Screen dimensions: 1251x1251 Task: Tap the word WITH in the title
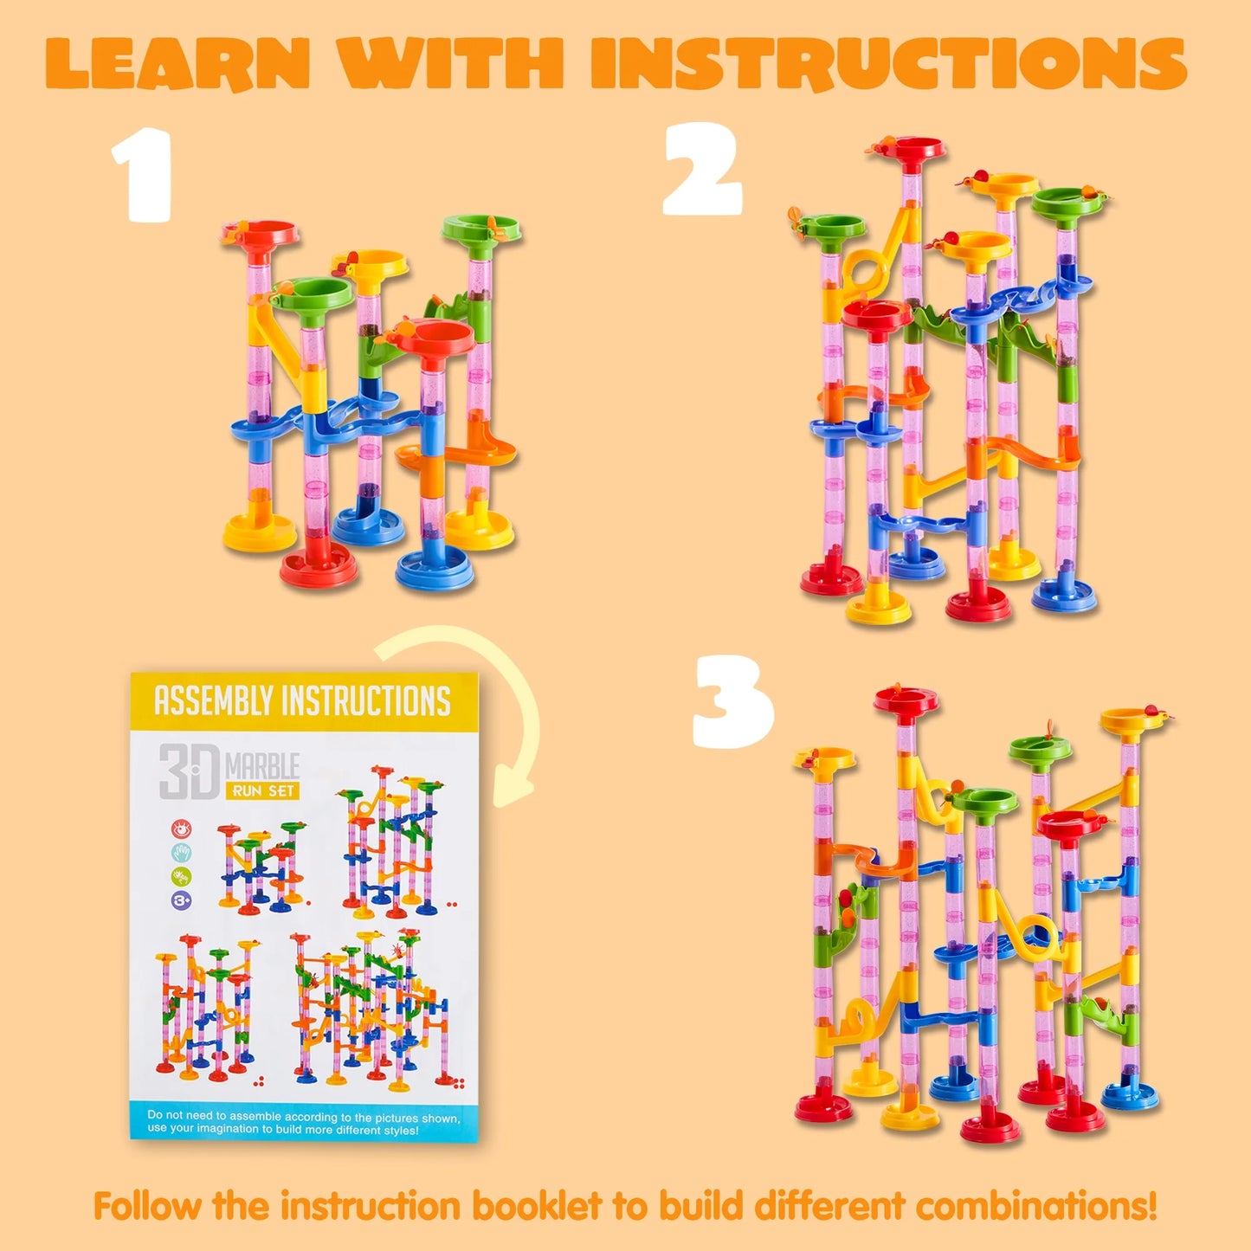coord(450,63)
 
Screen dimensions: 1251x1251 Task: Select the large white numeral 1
coord(143,174)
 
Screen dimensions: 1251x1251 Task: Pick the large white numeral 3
coord(733,701)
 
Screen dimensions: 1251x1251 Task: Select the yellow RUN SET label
coord(261,790)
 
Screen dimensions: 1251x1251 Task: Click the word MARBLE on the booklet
coord(261,767)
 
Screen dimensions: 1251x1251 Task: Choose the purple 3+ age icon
coord(182,900)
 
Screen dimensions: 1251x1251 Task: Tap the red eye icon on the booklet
coord(182,829)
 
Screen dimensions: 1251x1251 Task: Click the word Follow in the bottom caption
coord(147,1206)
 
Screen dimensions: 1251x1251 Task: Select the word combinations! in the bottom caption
coord(1037,1206)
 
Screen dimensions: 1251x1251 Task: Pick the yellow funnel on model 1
coord(370,264)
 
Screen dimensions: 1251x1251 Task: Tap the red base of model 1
coord(319,567)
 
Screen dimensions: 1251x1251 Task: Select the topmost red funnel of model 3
coord(906,700)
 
